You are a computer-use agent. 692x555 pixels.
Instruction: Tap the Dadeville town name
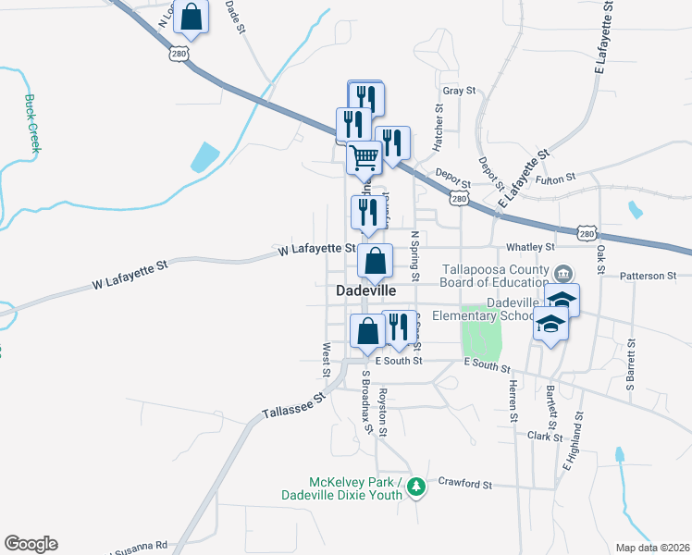[x=365, y=290]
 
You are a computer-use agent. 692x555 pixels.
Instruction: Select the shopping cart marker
[x=365, y=157]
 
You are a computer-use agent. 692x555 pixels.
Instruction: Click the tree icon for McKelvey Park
[x=416, y=486]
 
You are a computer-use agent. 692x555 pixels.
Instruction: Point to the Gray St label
[x=458, y=91]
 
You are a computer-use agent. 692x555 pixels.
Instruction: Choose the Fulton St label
[x=555, y=176]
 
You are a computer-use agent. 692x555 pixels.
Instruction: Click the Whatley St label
[x=531, y=247]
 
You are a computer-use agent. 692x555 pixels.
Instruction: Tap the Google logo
[x=31, y=544]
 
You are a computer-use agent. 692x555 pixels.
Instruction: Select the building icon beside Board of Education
[x=563, y=274]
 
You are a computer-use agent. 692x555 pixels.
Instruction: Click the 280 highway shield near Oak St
[x=586, y=234]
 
